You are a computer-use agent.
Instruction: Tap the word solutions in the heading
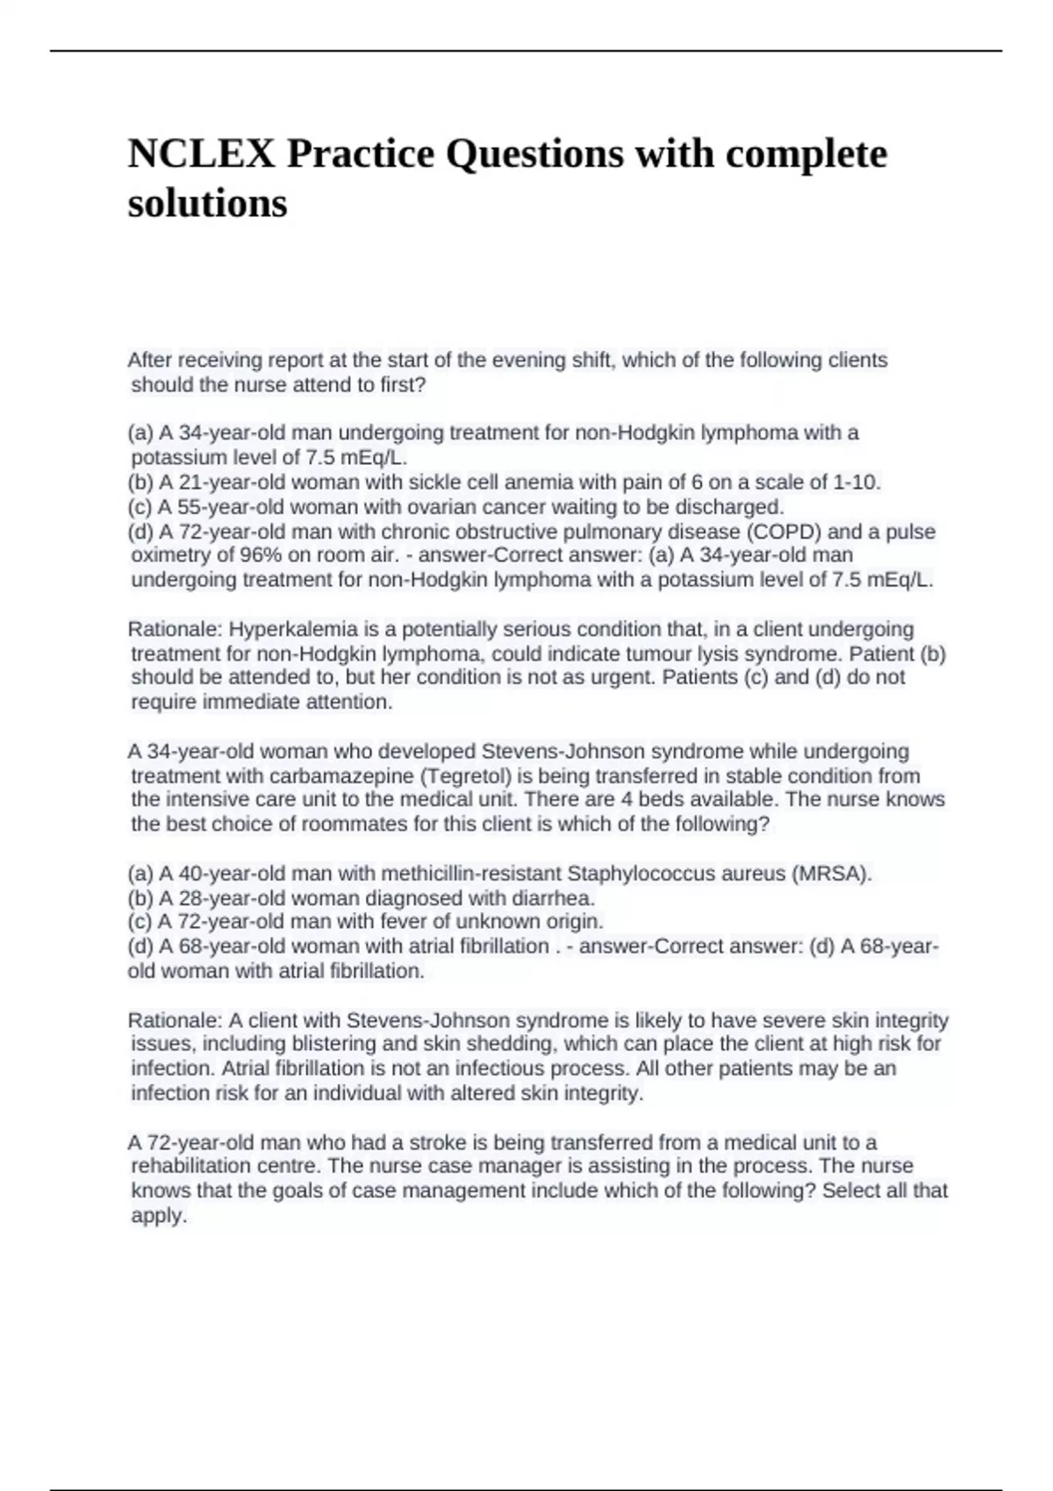pos(207,203)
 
